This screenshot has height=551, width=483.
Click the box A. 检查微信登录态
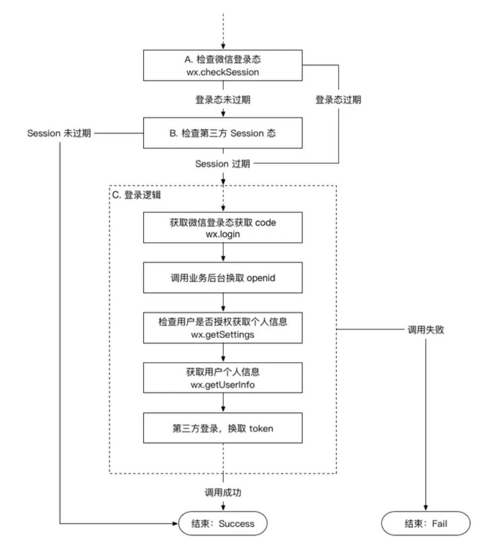click(x=223, y=65)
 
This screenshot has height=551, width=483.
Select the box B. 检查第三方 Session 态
click(x=223, y=133)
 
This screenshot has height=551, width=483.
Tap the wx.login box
click(x=223, y=228)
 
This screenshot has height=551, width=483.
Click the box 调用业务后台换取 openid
click(x=223, y=277)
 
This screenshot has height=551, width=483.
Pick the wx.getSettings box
click(x=223, y=328)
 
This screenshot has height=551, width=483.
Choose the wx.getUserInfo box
click(x=223, y=378)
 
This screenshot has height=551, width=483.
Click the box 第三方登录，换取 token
click(x=223, y=428)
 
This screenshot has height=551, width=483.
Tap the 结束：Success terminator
click(x=223, y=523)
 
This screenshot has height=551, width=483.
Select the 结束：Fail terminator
click(x=425, y=523)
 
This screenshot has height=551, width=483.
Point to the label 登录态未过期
click(x=223, y=100)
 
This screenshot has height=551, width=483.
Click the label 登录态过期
click(x=338, y=100)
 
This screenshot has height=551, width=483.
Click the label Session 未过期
click(x=59, y=133)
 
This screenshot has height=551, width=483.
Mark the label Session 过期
click(x=223, y=163)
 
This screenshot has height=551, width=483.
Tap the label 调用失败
click(x=425, y=330)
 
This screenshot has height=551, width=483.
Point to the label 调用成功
click(x=223, y=492)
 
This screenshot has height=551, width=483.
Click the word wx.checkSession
click(x=223, y=72)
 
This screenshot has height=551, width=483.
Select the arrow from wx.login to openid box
click(x=223, y=253)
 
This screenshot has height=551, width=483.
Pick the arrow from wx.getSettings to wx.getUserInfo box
click(x=223, y=352)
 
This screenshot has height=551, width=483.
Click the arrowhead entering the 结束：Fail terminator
click(x=425, y=507)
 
